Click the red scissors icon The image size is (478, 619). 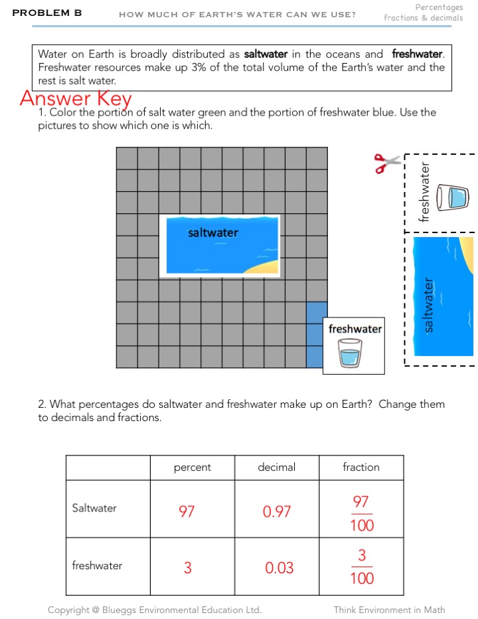pyautogui.click(x=388, y=163)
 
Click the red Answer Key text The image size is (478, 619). pyautogui.click(x=76, y=98)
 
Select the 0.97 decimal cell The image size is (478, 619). pyautogui.click(x=277, y=511)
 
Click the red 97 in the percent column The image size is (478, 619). pyautogui.click(x=187, y=511)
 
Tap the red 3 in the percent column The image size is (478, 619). pyautogui.click(x=188, y=568)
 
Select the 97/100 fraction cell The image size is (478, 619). pyautogui.click(x=361, y=513)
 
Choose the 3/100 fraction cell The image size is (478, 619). pyautogui.click(x=361, y=567)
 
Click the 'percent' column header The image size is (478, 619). pyautogui.click(x=193, y=468)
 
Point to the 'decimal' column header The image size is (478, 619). pyautogui.click(x=277, y=468)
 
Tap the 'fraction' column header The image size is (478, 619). pyautogui.click(x=361, y=468)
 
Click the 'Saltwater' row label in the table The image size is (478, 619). pyautogui.click(x=94, y=508)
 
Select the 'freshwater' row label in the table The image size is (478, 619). pyautogui.click(x=97, y=566)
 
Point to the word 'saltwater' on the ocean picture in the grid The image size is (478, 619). pyautogui.click(x=212, y=232)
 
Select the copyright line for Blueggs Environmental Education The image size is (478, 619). pyautogui.click(x=155, y=610)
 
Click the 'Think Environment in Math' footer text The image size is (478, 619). pyautogui.click(x=389, y=610)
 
